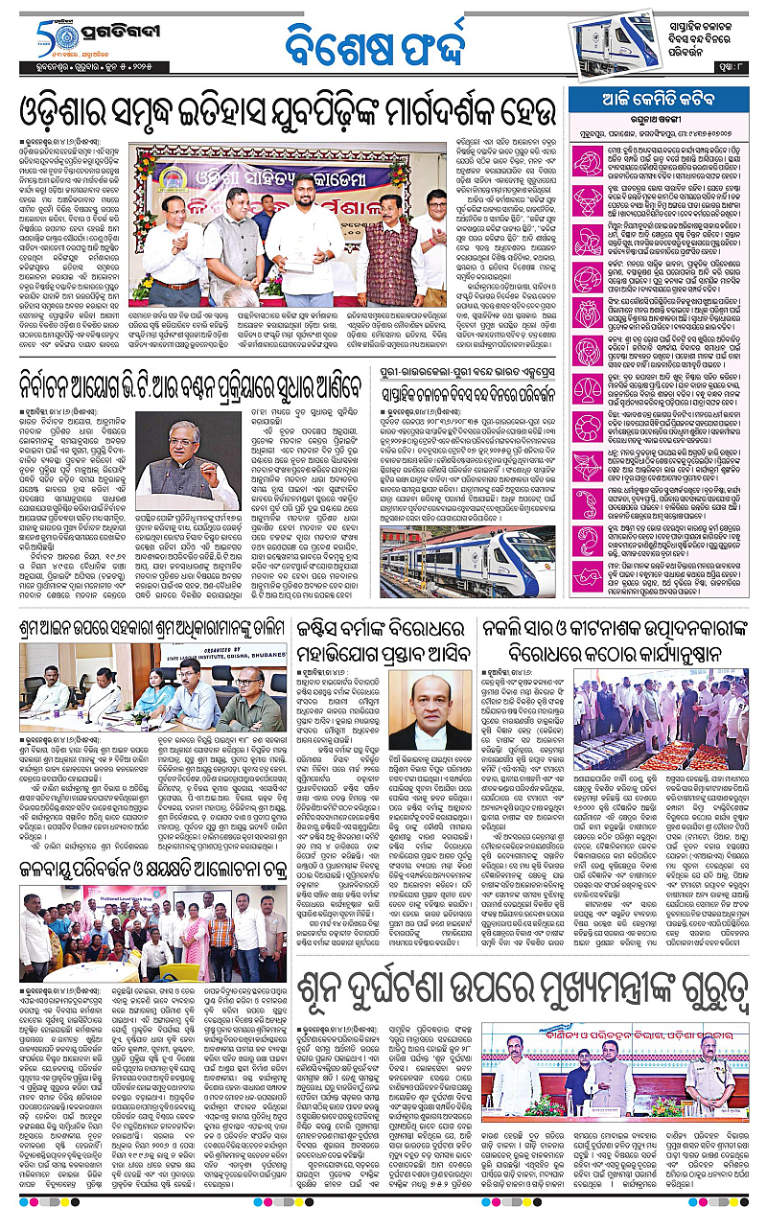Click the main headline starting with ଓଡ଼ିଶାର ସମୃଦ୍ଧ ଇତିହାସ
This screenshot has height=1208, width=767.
click(288, 113)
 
